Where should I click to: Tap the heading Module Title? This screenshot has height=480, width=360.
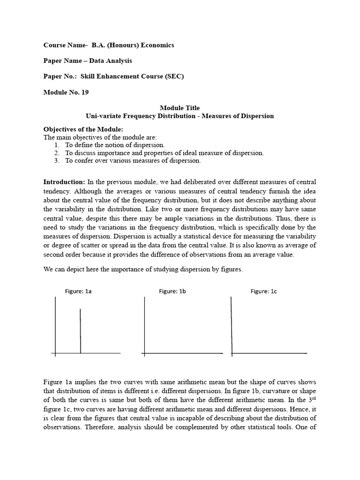(180, 108)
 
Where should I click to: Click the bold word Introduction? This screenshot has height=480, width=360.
(64, 181)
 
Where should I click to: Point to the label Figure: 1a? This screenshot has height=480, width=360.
(78, 291)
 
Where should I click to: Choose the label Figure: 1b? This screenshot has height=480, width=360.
(172, 291)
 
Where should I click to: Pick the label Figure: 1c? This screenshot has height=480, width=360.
(264, 291)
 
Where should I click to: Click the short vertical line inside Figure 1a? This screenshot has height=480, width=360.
(81, 330)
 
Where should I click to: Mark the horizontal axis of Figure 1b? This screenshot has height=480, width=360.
(183, 353)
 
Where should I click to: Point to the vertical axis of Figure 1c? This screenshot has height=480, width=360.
(232, 326)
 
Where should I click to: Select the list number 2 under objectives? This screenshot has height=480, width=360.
(56, 153)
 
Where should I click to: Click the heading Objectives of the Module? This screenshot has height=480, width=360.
(83, 129)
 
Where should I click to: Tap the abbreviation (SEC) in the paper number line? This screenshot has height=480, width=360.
(173, 76)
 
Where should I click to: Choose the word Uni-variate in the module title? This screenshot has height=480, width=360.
(102, 116)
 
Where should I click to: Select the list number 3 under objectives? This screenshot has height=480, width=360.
(56, 160)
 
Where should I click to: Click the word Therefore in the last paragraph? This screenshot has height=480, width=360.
(103, 427)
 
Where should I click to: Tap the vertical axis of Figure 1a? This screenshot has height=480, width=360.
(55, 326)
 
